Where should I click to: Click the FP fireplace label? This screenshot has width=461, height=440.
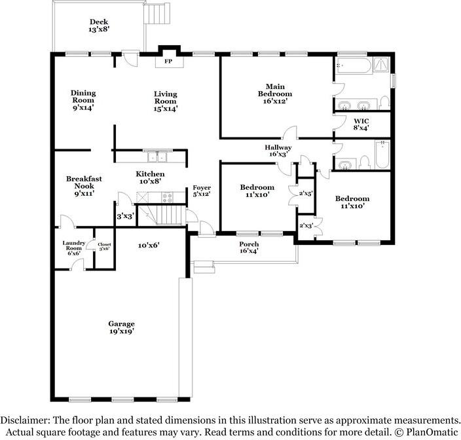click(168, 62)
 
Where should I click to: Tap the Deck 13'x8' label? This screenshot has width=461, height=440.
click(99, 26)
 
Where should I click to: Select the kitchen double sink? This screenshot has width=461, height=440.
click(157, 156)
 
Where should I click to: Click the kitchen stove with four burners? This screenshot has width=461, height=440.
click(168, 197)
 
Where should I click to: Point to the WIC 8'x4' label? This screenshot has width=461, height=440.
click(361, 124)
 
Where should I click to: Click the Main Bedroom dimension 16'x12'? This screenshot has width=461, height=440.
click(275, 101)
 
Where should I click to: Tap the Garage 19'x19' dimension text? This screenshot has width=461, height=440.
click(121, 331)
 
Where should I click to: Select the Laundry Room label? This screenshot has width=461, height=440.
click(74, 246)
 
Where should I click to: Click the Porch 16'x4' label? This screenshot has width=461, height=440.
click(249, 247)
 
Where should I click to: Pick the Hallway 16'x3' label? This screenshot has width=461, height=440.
click(278, 151)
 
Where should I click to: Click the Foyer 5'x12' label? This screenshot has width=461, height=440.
click(202, 191)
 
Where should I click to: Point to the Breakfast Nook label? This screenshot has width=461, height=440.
click(84, 182)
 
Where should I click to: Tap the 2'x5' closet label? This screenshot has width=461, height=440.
click(306, 193)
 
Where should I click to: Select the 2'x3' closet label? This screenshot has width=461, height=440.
click(306, 226)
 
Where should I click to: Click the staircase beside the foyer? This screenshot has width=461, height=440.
click(161, 215)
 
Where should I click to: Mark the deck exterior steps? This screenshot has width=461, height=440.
click(157, 14)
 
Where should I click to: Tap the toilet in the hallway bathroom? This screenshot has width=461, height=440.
click(365, 162)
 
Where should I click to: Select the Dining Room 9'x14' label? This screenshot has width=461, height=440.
click(83, 100)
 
